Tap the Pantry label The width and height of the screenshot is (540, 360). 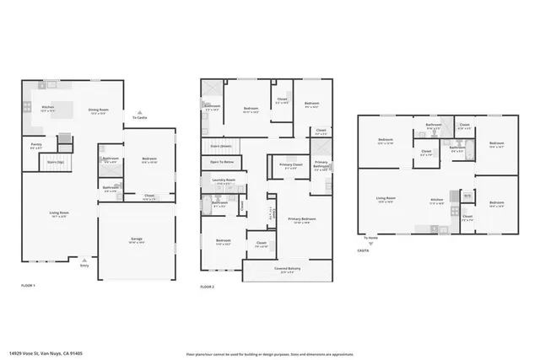coord(36,146)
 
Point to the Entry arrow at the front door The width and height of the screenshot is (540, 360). coord(84,264)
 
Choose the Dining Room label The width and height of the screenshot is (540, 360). coord(99,109)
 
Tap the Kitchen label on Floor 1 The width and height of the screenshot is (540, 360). coord(49,108)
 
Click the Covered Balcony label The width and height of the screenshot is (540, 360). coord(289,269)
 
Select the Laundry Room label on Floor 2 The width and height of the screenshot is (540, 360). coord(224,180)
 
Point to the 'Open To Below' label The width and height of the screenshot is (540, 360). coord(222,161)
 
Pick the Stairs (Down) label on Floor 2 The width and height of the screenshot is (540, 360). coord(220,145)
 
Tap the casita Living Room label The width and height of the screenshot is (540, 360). coord(386,200)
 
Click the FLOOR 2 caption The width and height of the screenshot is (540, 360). coord(208,287)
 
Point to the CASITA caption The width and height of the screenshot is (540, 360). coord(364,250)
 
